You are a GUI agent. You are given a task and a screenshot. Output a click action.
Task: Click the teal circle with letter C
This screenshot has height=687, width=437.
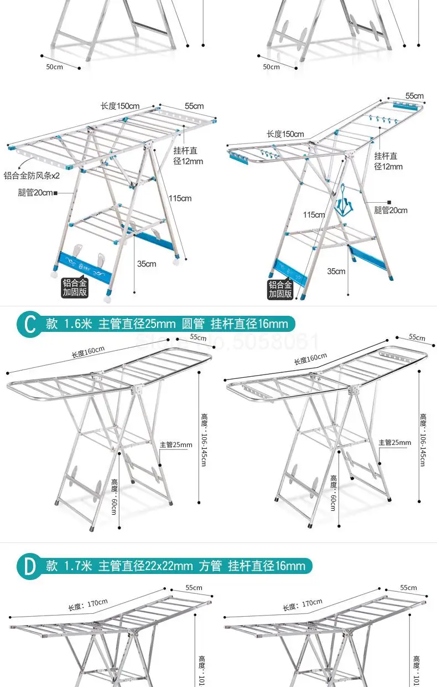(28, 324)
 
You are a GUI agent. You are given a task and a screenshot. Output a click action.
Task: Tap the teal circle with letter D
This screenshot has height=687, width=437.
(28, 566)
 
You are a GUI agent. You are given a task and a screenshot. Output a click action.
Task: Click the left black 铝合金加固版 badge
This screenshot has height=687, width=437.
(75, 288)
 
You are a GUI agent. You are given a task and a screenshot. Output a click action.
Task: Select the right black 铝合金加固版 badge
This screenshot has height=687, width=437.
(280, 289)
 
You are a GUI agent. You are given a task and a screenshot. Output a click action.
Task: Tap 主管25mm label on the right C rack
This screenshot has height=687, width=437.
(395, 442)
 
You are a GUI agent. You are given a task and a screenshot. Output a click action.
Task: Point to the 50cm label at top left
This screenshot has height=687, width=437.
(54, 66)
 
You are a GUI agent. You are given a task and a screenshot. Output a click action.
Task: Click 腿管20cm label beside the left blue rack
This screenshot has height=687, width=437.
(37, 193)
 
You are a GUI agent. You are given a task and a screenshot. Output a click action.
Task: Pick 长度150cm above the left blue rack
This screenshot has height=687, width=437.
(119, 106)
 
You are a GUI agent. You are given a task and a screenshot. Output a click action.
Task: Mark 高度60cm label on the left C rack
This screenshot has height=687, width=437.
(114, 496)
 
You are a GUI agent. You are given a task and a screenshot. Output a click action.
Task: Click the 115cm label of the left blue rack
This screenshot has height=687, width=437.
(180, 198)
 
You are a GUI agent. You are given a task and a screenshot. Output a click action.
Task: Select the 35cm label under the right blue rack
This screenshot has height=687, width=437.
(336, 271)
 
